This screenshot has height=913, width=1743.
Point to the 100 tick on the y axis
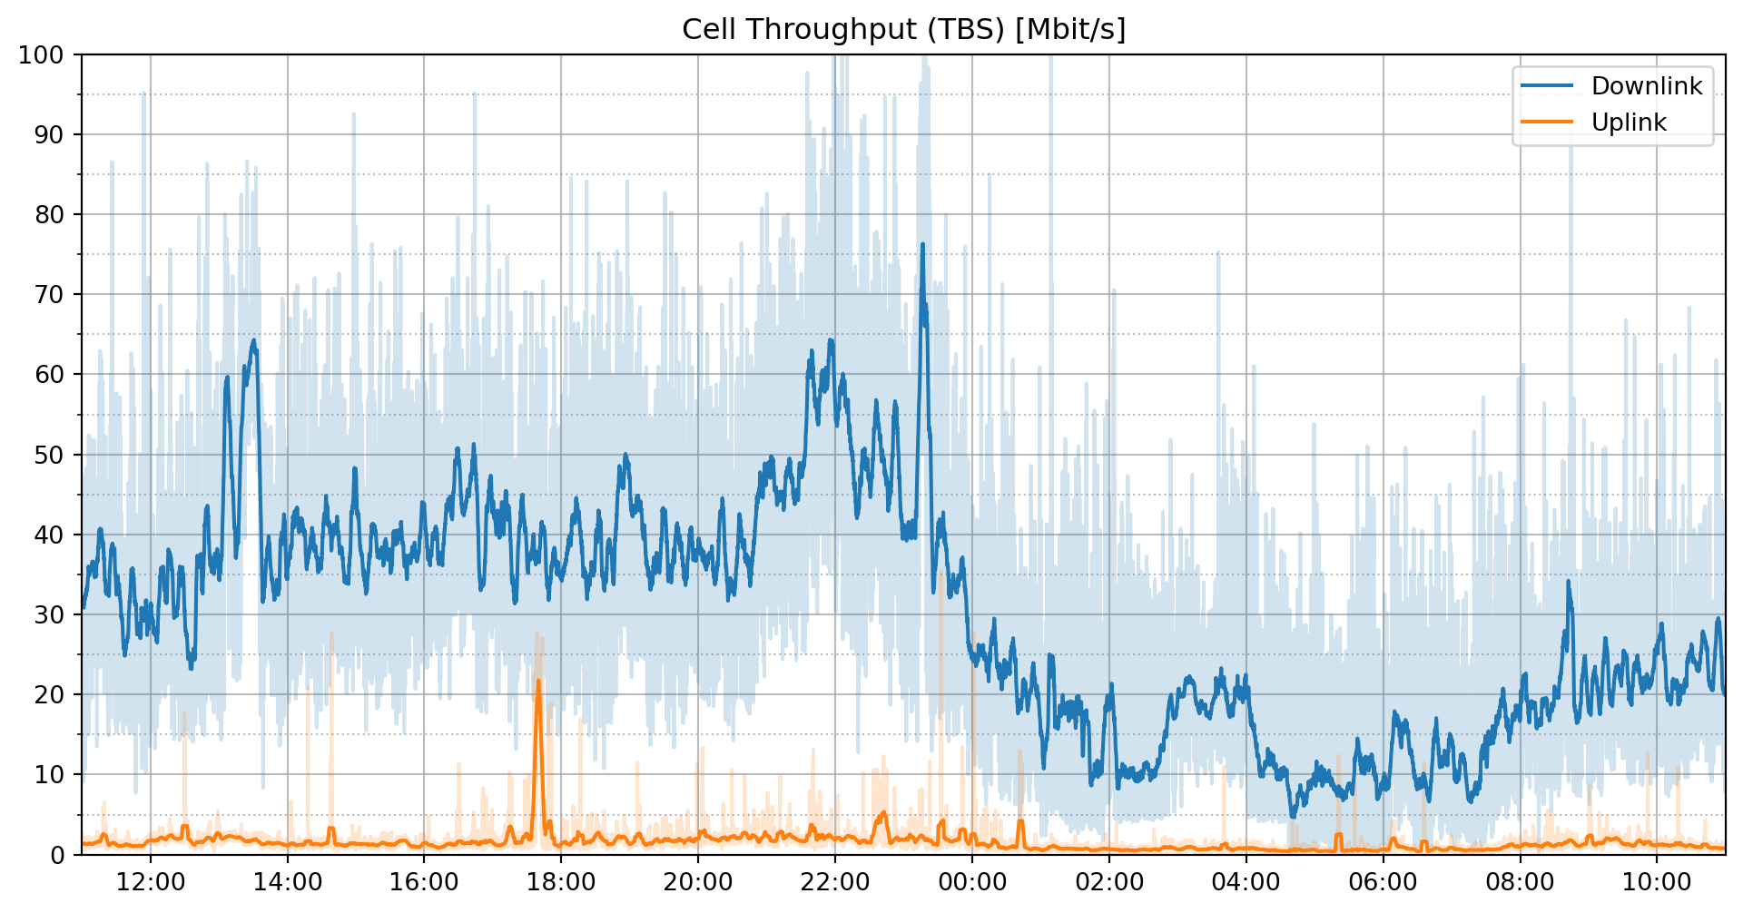click(x=41, y=55)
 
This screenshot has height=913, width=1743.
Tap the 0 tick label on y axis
click(x=57, y=855)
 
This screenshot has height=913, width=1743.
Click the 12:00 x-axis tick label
click(x=151, y=882)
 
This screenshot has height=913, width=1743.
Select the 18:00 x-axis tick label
click(x=560, y=882)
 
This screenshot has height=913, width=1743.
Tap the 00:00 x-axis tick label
click(x=971, y=882)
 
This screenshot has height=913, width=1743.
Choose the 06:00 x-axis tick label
click(x=1383, y=882)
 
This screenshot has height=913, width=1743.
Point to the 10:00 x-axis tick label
click(x=1657, y=882)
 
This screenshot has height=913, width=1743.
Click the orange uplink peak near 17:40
click(x=538, y=681)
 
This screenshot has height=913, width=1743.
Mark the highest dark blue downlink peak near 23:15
click(x=922, y=244)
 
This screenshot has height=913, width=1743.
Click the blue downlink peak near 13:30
click(x=253, y=340)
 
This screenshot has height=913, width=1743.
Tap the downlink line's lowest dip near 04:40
click(x=1293, y=816)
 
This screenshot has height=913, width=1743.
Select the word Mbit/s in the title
click(x=1070, y=29)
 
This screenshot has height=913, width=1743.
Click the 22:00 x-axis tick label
click(x=834, y=882)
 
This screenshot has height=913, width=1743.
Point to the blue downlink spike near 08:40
click(x=1568, y=582)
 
